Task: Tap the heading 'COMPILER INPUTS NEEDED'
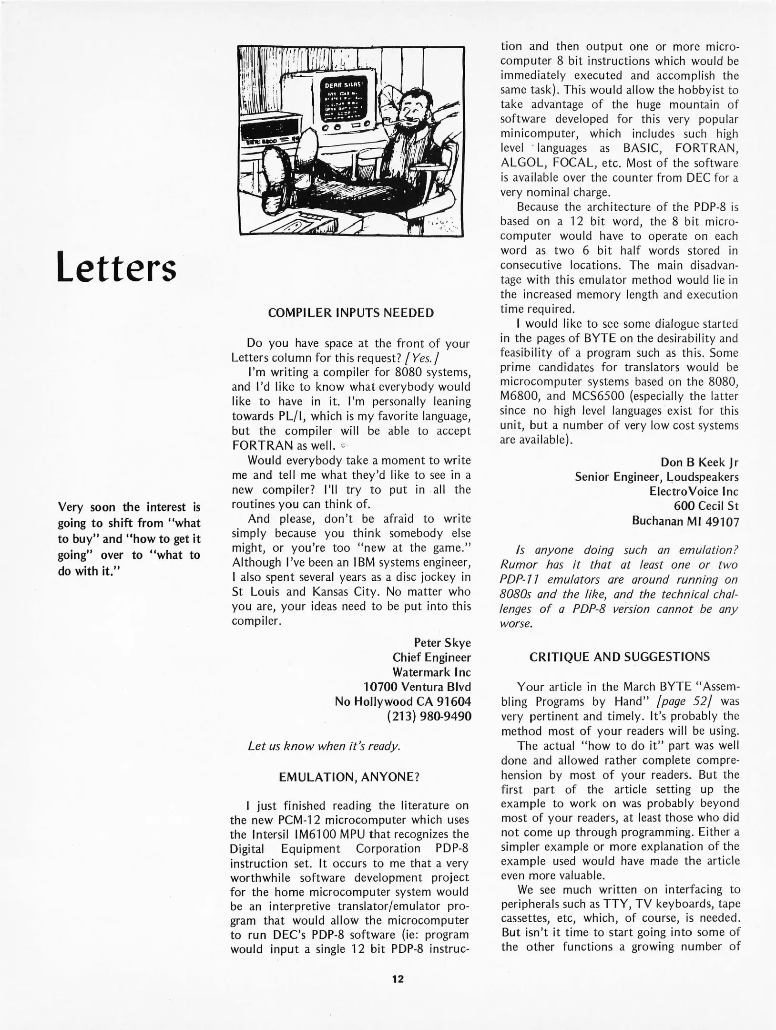351,313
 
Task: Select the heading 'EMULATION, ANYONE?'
349,777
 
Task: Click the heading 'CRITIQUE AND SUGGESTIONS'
619,657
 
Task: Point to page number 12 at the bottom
398,979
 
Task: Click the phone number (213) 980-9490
429,716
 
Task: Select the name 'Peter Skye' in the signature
442,643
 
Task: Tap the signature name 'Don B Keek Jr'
699,462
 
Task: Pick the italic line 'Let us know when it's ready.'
324,746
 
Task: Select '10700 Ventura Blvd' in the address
417,687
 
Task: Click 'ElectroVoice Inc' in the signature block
694,491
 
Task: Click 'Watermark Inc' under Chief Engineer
431,672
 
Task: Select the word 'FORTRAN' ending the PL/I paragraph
262,446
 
